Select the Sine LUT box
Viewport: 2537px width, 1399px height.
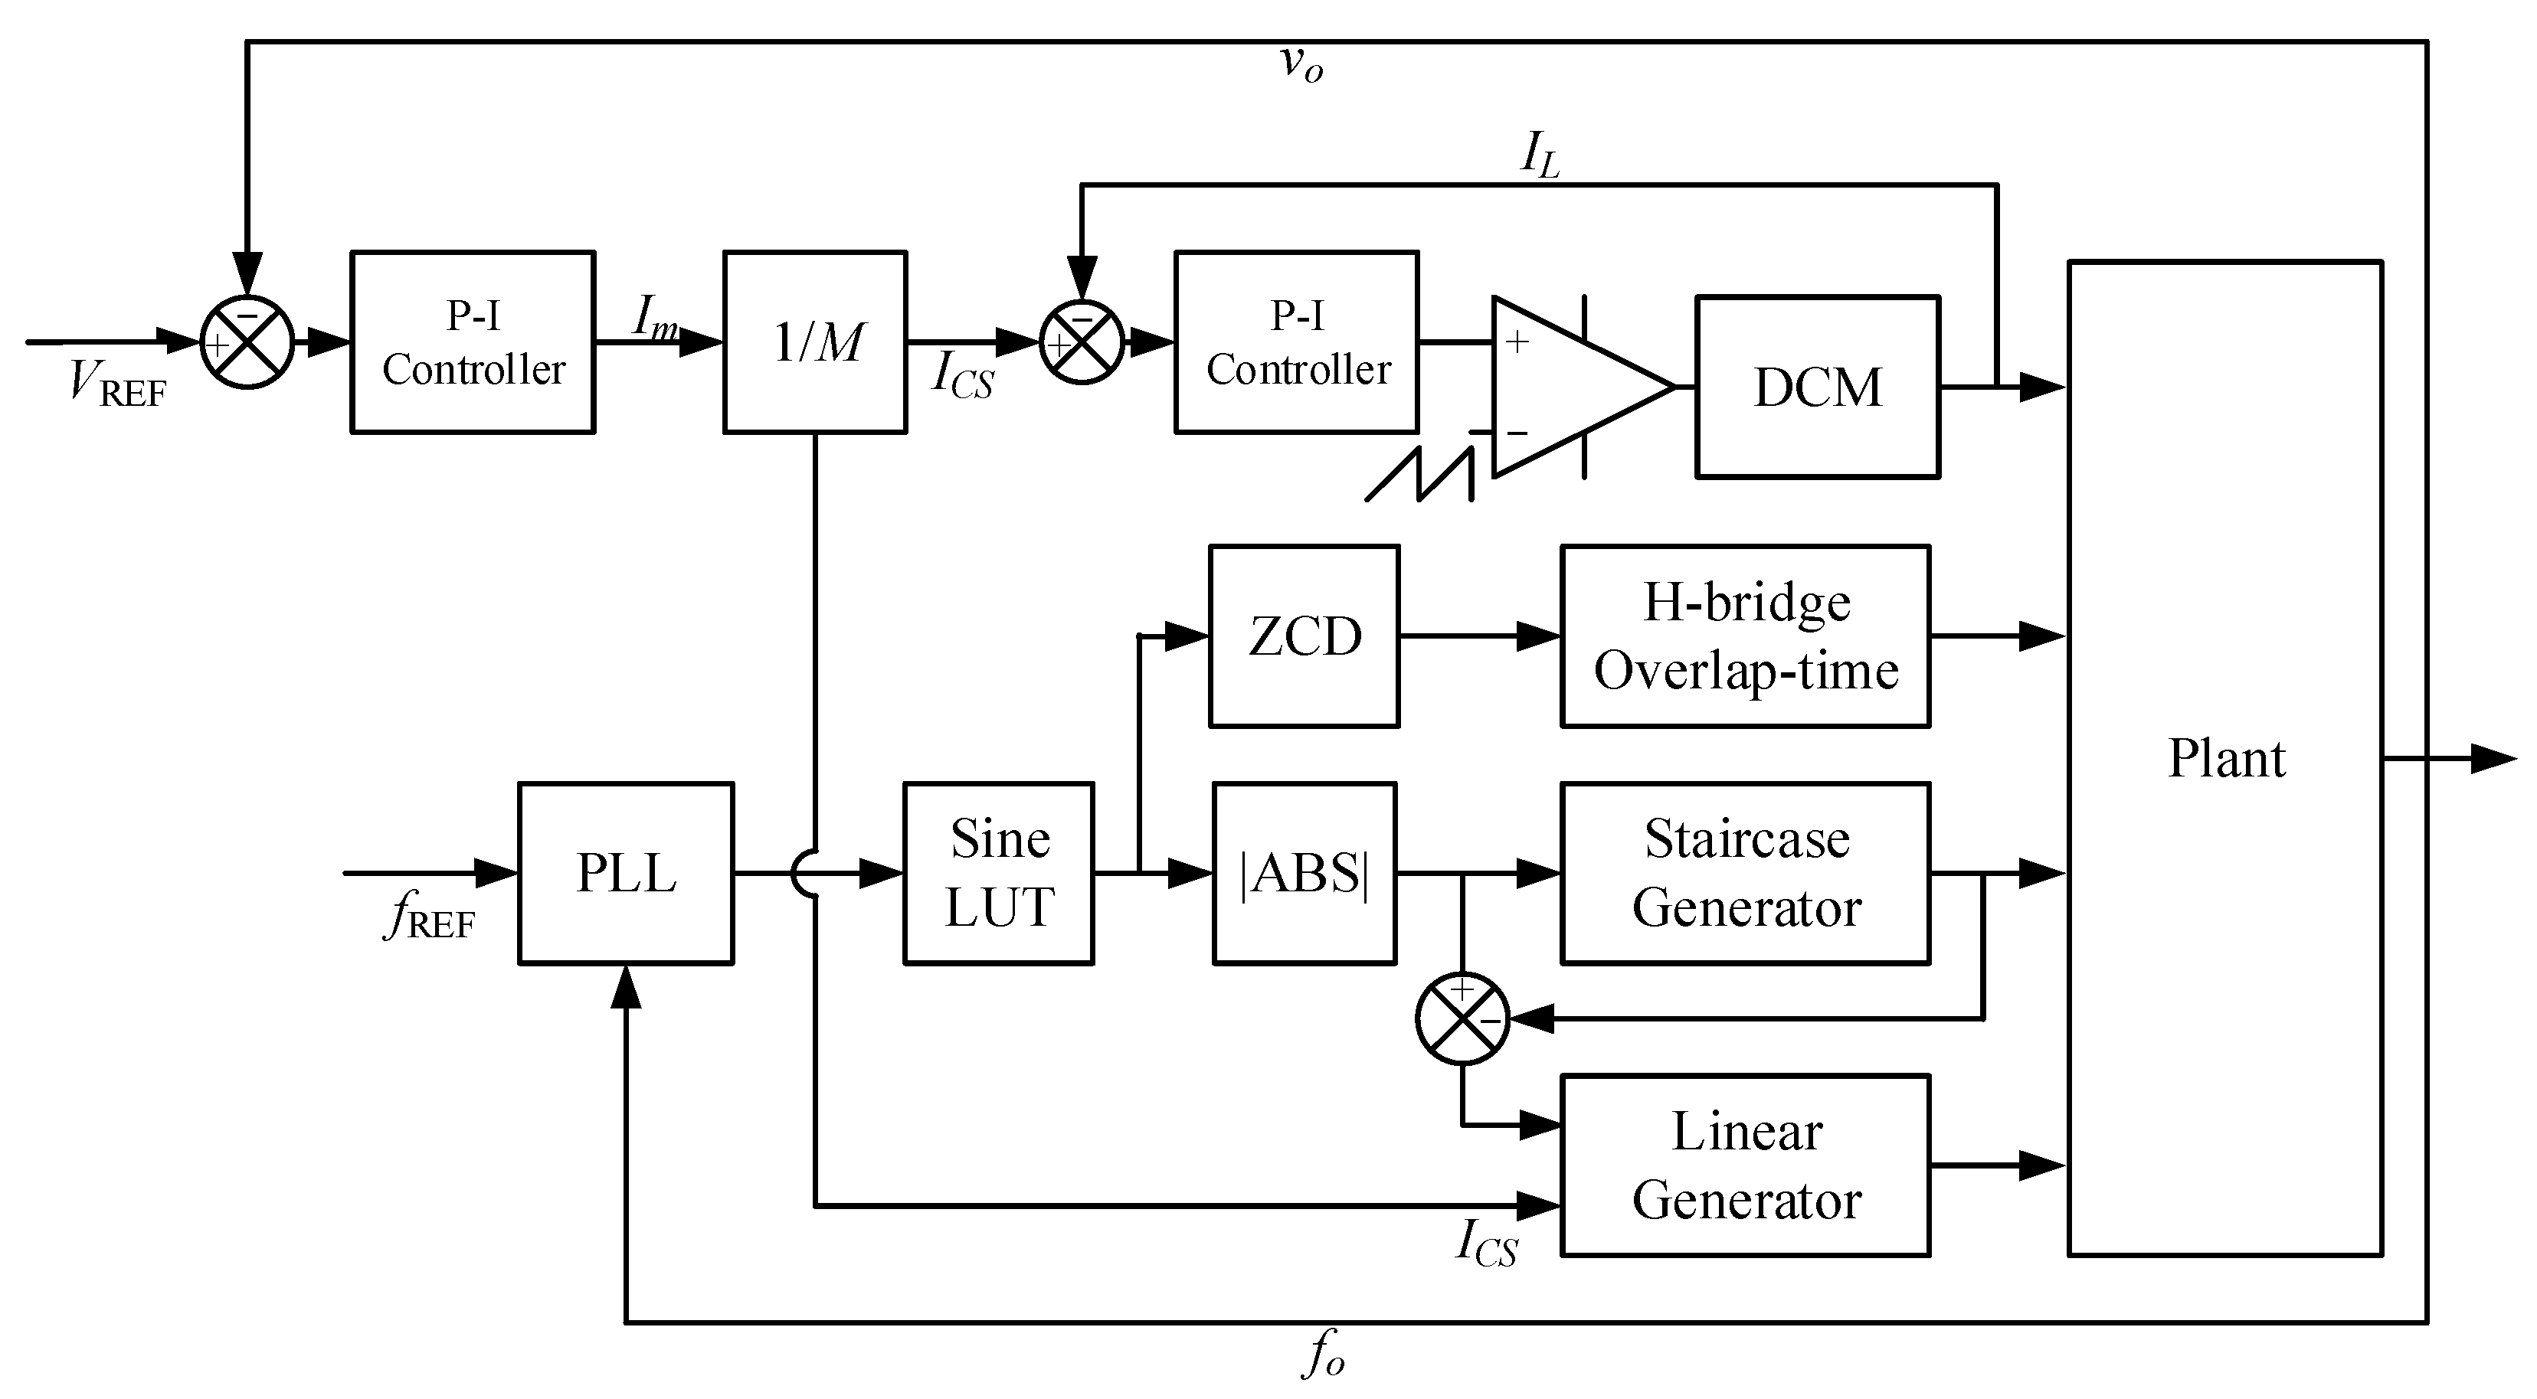tap(999, 873)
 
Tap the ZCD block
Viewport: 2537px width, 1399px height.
tap(1304, 636)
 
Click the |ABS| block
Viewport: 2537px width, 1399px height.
tap(1304, 873)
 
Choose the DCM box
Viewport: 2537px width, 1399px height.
tap(1817, 387)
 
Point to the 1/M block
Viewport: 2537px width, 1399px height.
tap(814, 342)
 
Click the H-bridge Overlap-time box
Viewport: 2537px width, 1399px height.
tap(1745, 636)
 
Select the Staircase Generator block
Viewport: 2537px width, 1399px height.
tap(1745, 873)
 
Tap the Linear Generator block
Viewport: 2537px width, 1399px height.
tap(1745, 1165)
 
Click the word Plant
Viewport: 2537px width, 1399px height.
tap(2226, 758)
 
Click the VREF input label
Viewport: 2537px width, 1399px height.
tap(117, 384)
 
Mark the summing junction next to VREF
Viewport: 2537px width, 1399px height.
tap(247, 342)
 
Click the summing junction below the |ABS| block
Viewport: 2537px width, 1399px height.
tap(1462, 1019)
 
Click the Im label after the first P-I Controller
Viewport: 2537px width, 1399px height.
tap(655, 317)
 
